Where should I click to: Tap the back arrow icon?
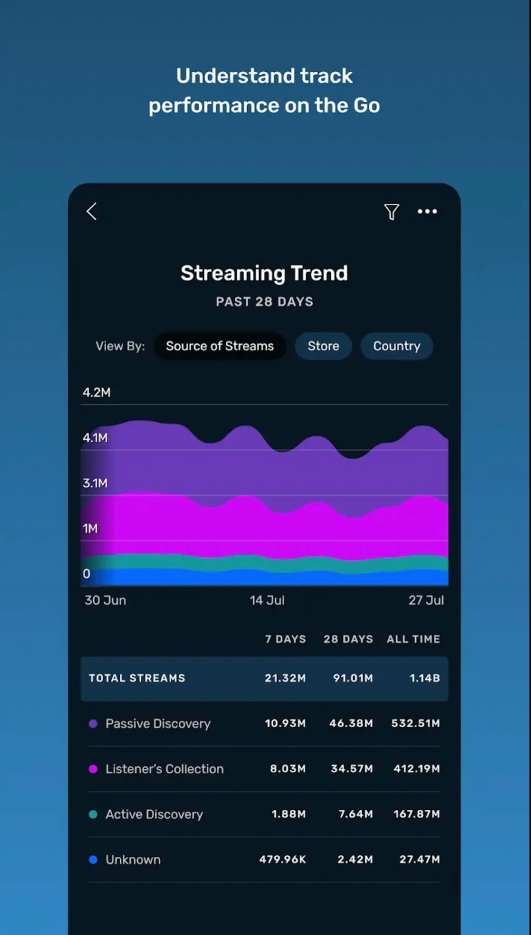click(x=92, y=211)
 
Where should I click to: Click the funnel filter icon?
click(x=392, y=211)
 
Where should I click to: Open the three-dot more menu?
click(x=427, y=211)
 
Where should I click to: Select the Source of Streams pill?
click(x=220, y=346)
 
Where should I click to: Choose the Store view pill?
click(x=323, y=346)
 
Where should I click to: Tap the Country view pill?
click(x=397, y=346)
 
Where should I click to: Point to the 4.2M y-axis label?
click(x=96, y=392)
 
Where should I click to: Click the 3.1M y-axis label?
click(x=95, y=483)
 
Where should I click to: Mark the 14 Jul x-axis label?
click(x=267, y=600)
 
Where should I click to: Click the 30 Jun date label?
click(x=105, y=600)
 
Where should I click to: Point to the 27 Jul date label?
click(x=426, y=600)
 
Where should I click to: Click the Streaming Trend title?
click(x=264, y=273)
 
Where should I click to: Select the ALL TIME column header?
click(x=413, y=639)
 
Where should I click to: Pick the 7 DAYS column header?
click(x=285, y=639)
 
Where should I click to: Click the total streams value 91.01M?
click(x=353, y=678)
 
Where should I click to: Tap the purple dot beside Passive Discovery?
click(x=93, y=724)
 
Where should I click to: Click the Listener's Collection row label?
click(x=165, y=768)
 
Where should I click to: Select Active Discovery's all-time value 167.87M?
click(x=417, y=814)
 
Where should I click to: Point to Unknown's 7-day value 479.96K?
click(x=283, y=859)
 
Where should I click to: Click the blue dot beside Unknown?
click(x=93, y=859)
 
